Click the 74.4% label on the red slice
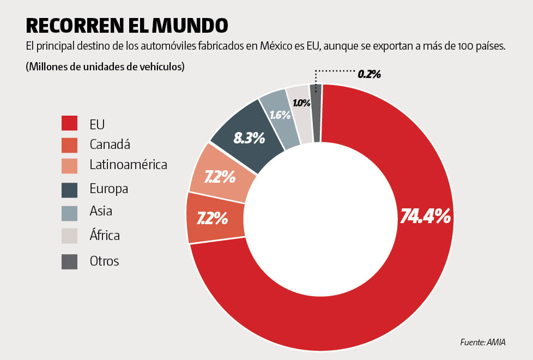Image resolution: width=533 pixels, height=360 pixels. [425, 217]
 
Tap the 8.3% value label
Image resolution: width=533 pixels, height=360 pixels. [249, 138]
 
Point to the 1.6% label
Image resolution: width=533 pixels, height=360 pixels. [280, 115]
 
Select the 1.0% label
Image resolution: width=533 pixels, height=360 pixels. [301, 103]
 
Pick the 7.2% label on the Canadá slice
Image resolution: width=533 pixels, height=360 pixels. [212, 219]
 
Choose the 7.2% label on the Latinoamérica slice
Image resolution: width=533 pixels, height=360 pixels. [220, 177]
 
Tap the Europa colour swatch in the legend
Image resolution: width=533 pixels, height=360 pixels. [69, 189]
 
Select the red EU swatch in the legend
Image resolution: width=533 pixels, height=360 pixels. [69, 123]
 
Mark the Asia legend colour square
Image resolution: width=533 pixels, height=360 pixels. [69, 211]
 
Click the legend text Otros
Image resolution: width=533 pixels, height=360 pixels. [104, 261]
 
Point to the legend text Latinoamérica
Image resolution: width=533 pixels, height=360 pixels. [128, 165]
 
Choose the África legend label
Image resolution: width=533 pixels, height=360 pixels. [105, 236]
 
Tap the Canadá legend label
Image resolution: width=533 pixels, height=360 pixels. [110, 145]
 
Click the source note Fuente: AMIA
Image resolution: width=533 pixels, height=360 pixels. [483, 343]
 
